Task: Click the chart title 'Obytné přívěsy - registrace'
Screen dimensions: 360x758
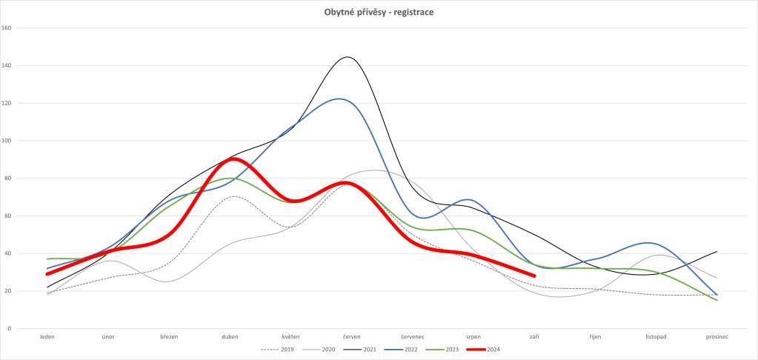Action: click(379, 12)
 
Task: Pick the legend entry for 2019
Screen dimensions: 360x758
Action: click(281, 348)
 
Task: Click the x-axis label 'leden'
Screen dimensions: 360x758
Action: click(47, 337)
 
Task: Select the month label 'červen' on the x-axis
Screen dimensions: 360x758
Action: click(351, 337)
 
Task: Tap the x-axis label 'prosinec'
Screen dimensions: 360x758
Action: click(717, 337)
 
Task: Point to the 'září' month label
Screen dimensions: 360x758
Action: click(534, 337)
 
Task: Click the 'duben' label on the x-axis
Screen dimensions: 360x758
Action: click(230, 337)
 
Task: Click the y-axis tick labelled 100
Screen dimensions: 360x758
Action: click(7, 141)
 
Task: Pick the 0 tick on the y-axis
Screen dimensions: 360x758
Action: click(10, 328)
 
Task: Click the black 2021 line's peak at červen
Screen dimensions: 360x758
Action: click(347, 57)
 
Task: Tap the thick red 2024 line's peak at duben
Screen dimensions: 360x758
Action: click(231, 159)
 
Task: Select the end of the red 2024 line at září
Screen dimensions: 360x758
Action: click(534, 276)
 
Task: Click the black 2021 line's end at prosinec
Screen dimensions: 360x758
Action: click(717, 251)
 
